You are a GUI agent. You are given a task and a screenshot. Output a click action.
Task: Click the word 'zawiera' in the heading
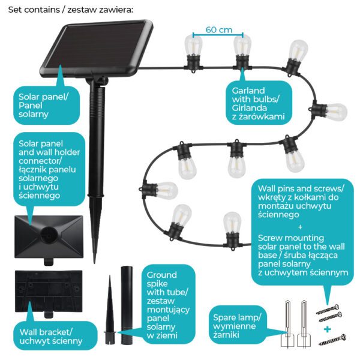coord(115,10)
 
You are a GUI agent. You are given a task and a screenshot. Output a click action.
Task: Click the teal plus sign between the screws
coord(328,329)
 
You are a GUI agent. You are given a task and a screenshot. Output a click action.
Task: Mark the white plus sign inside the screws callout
coord(301,226)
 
